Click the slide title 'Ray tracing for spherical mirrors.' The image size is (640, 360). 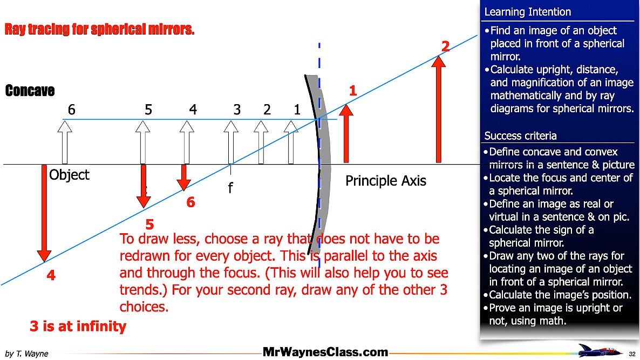(99, 29)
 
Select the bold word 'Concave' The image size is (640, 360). (30, 91)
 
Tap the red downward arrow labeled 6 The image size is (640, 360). (184, 177)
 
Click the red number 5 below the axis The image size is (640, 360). (150, 225)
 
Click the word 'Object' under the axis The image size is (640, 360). (69, 175)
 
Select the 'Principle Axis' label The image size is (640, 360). (385, 181)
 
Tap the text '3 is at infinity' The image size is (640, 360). (78, 326)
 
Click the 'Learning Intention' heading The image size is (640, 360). (527, 12)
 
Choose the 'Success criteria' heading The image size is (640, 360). (520, 135)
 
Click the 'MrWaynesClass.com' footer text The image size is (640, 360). (325, 352)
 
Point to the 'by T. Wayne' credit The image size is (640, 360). (26, 354)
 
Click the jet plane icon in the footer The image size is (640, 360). (596, 350)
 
